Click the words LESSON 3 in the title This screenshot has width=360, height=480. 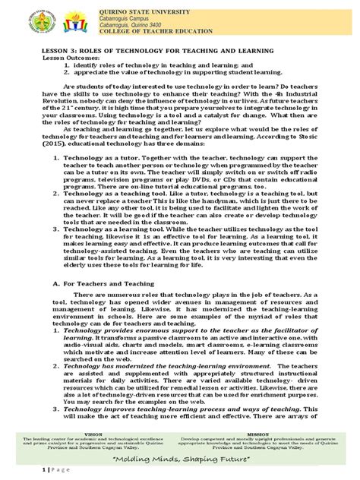tap(62, 50)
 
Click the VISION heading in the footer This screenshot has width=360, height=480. tap(90, 437)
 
